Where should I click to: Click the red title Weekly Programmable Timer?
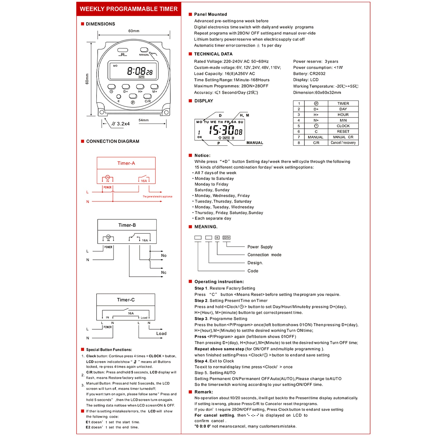[128, 9]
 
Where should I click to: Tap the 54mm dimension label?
[144, 120]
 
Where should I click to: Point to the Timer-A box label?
[126, 163]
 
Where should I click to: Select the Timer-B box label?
[127, 225]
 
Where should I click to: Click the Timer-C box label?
[126, 300]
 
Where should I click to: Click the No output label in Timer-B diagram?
[163, 255]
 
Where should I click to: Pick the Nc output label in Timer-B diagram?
[163, 272]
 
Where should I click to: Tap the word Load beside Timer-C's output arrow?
[161, 333]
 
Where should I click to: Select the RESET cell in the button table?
[343, 132]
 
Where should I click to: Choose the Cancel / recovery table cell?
[343, 143]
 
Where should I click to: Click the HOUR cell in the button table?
[343, 115]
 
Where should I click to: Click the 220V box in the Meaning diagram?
[227, 237]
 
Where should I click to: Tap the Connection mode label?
[264, 255]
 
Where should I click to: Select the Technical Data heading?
[213, 54]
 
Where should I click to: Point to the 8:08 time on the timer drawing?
[136, 71]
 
